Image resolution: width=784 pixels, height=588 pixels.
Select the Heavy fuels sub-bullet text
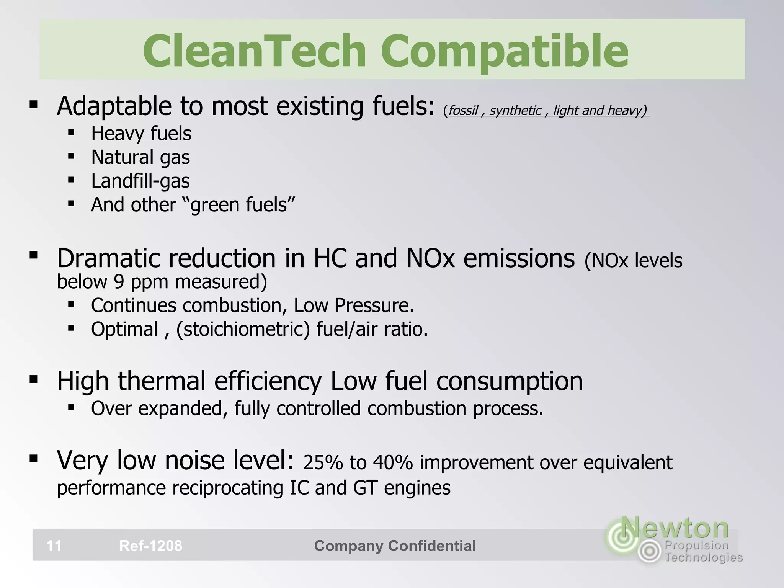[x=141, y=134]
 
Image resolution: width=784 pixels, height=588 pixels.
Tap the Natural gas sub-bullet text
[x=140, y=157]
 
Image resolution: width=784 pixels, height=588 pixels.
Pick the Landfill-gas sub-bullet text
[x=140, y=181]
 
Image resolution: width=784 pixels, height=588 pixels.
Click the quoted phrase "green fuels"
[x=243, y=204]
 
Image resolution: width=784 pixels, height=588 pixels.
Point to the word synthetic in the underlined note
[x=515, y=111]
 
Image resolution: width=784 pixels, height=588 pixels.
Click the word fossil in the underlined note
[x=463, y=111]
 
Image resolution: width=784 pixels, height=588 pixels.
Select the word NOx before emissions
[x=430, y=258]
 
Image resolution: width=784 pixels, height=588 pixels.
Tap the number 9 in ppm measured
[x=119, y=282]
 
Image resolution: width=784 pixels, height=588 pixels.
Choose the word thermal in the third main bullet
[x=162, y=381]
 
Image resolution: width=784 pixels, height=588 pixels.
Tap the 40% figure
[x=393, y=462]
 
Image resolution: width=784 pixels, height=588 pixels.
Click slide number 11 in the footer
[x=54, y=546]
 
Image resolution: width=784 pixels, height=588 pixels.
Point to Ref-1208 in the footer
[x=150, y=546]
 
